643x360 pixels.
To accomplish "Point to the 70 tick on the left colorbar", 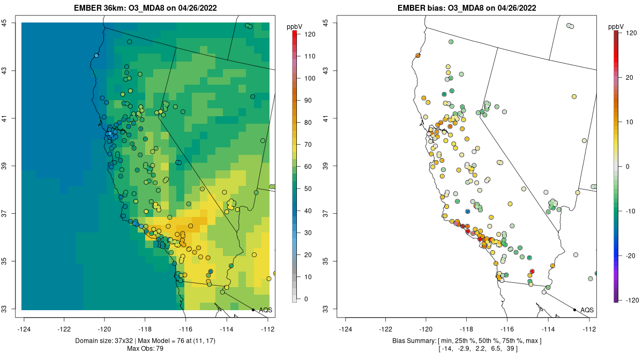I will point(306,144).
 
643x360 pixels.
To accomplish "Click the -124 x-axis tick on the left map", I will point(24,329).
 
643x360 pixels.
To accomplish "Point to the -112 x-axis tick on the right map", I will point(589,329).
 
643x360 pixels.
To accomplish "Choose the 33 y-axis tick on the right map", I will point(332,309).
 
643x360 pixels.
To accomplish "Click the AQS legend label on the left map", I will point(265,310).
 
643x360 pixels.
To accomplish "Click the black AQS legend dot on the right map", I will point(574,310).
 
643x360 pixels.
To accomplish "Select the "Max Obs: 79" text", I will point(145,349).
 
